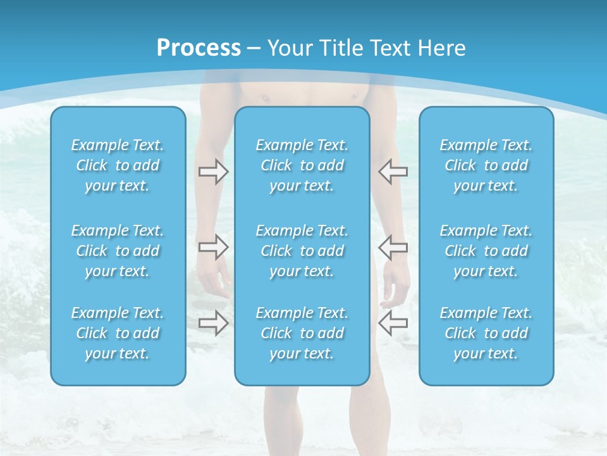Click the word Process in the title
click(x=199, y=47)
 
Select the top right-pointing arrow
click(x=214, y=172)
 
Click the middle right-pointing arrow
click(x=214, y=247)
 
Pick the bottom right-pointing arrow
click(x=214, y=323)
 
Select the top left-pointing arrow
click(x=393, y=171)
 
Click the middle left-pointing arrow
click(x=393, y=247)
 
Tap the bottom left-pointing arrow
click(x=393, y=323)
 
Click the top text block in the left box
click(x=118, y=165)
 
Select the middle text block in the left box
click(x=118, y=251)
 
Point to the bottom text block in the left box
click(x=118, y=333)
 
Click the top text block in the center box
click(x=302, y=165)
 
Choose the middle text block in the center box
click(x=302, y=251)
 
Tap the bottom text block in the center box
click(x=302, y=333)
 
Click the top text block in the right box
click(x=486, y=165)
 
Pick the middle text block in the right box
click(x=486, y=251)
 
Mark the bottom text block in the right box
click(x=486, y=333)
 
